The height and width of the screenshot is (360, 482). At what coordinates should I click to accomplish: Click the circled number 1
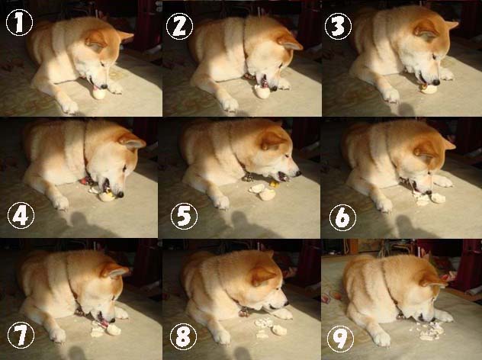pyautogui.click(x=19, y=22)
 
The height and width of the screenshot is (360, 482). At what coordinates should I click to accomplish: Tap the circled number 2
pyautogui.click(x=179, y=27)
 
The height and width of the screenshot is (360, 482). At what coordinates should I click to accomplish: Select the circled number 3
pyautogui.click(x=338, y=26)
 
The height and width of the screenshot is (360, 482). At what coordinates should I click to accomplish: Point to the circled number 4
pyautogui.click(x=21, y=216)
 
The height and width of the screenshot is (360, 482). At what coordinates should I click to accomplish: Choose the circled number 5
pyautogui.click(x=184, y=216)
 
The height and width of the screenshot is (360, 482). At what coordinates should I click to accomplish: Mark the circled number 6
pyautogui.click(x=342, y=217)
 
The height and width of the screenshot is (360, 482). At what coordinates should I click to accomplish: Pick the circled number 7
pyautogui.click(x=21, y=336)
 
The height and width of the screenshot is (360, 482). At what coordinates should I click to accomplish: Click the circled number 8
pyautogui.click(x=183, y=336)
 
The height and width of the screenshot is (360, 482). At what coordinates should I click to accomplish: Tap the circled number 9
pyautogui.click(x=340, y=339)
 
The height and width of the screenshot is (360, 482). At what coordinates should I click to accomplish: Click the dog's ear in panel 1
pyautogui.click(x=97, y=41)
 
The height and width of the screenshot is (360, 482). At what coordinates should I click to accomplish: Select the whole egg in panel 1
pyautogui.click(x=99, y=94)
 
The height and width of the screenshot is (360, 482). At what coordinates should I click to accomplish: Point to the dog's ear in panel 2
pyautogui.click(x=289, y=43)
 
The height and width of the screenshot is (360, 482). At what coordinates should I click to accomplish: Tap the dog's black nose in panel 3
pyautogui.click(x=435, y=82)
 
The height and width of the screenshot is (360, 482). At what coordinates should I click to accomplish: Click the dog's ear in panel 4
pyautogui.click(x=132, y=142)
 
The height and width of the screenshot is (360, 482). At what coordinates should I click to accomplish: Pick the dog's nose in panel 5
pyautogui.click(x=298, y=173)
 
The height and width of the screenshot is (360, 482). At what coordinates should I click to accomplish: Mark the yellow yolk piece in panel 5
pyautogui.click(x=273, y=184)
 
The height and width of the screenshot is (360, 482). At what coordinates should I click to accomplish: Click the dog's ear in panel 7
pyautogui.click(x=114, y=271)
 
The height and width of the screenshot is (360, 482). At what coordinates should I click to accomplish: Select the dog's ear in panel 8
pyautogui.click(x=263, y=275)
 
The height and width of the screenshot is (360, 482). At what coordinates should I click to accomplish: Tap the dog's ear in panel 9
pyautogui.click(x=433, y=281)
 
